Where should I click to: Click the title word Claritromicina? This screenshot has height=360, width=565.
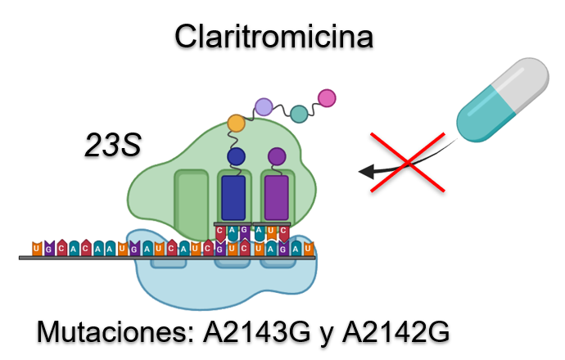(x=273, y=37)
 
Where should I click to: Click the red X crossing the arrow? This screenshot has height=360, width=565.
(x=408, y=161)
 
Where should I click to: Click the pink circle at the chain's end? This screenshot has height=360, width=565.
(x=327, y=98)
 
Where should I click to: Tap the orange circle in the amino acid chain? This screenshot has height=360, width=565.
(x=236, y=124)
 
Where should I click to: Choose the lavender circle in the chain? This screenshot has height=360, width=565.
(x=263, y=106)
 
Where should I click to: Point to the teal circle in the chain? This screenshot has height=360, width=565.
(x=300, y=115)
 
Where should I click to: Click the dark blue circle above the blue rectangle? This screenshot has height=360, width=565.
(x=236, y=155)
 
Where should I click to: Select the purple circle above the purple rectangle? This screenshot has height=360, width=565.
(x=277, y=155)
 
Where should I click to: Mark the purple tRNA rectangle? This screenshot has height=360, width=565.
(x=277, y=198)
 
